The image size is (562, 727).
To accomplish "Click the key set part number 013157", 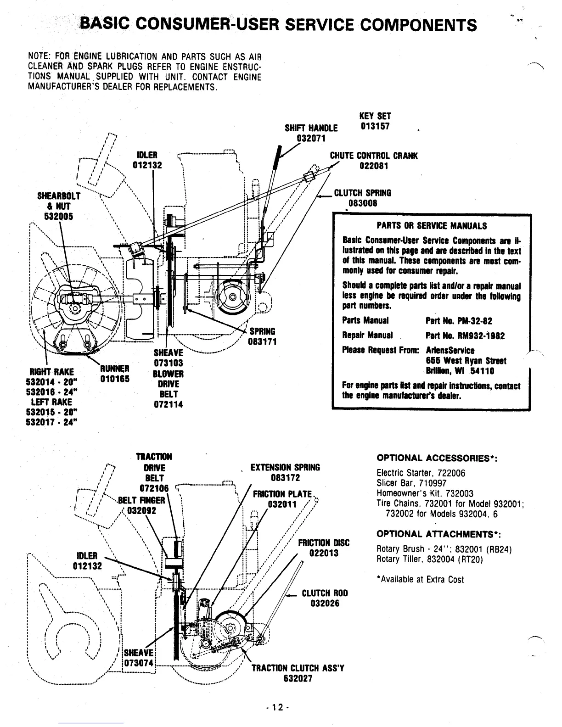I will (375, 126).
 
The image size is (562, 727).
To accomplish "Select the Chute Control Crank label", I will (374, 156).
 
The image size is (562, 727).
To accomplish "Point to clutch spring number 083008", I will (362, 203).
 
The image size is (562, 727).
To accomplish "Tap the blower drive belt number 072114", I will (168, 405).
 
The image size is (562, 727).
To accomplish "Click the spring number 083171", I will (262, 342).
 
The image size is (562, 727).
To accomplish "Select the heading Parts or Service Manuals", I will (431, 226).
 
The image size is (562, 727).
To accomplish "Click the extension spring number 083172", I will (285, 478).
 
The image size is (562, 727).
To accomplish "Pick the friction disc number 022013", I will (324, 553).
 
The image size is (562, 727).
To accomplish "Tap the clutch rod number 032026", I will (325, 604).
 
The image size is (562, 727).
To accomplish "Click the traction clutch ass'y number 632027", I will (298, 678).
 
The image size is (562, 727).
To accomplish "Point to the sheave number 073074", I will (140, 664).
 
